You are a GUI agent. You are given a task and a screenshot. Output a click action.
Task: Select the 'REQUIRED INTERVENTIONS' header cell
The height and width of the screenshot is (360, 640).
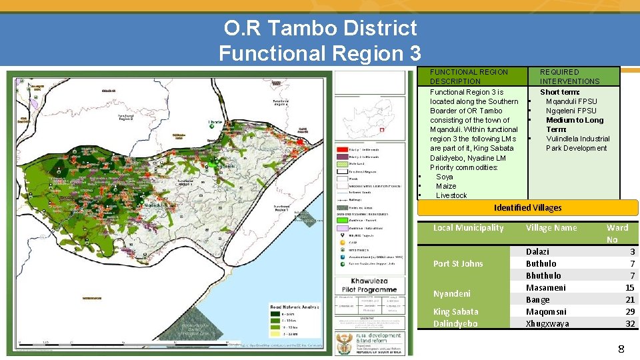pos(569,76)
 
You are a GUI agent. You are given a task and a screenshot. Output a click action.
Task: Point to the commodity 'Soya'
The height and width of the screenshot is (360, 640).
pos(444,177)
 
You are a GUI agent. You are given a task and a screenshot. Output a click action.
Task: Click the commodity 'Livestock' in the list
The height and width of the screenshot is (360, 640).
pos(451,195)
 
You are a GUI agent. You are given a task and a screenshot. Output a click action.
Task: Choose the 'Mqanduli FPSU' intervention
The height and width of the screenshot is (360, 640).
pos(571,101)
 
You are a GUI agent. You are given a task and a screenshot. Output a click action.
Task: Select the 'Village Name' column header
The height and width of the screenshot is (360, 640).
pos(551,227)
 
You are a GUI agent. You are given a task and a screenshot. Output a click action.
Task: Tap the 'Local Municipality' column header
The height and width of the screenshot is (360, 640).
pos(468,227)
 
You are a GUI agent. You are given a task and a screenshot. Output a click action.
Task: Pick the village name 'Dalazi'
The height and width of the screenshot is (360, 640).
pos(538,251)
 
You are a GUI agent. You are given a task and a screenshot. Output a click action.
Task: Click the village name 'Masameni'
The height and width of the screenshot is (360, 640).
pos(545,287)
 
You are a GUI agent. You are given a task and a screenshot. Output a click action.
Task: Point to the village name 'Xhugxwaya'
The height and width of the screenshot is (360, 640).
pos(547,323)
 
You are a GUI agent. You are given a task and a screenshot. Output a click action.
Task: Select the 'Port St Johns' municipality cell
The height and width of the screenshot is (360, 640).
pos(458,263)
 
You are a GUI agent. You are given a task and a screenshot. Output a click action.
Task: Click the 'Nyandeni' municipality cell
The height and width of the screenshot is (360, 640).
pos(451,293)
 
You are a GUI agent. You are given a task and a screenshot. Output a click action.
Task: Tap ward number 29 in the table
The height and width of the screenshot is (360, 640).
pos(630,311)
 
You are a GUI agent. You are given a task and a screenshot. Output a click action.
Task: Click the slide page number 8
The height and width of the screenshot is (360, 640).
pos(621,349)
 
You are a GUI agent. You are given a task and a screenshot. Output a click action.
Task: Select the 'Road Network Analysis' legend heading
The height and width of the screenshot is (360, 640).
pos(294,307)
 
